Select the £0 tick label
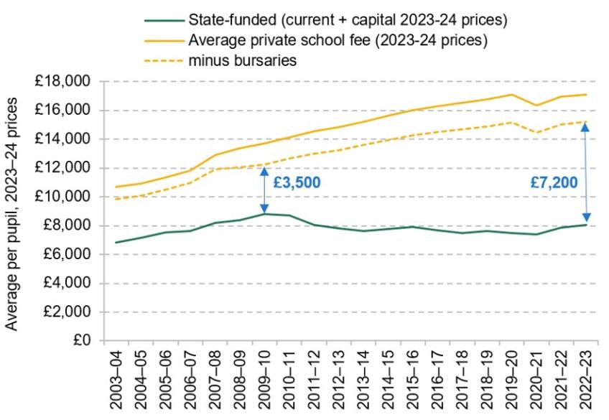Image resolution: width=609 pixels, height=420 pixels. [x=85, y=340]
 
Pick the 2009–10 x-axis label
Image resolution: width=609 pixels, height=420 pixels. [x=264, y=381]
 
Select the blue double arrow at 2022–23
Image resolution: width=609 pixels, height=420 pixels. [x=586, y=172]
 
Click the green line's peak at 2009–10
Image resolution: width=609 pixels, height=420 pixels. [x=264, y=213]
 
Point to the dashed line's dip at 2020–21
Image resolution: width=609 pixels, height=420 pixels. [x=536, y=132]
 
